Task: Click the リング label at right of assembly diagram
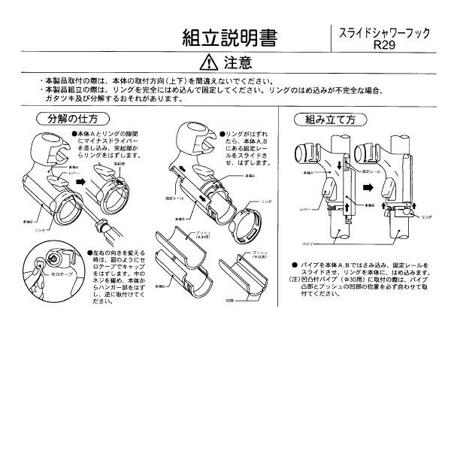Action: coord(426,216)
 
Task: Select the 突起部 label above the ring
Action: coord(118,163)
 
